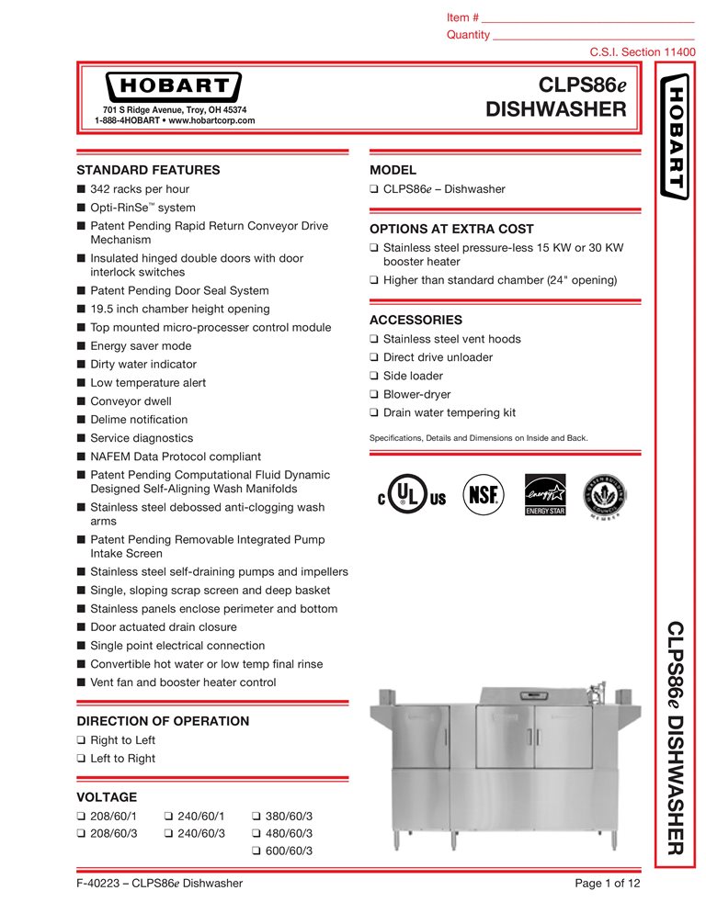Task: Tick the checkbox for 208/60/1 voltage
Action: pyautogui.click(x=82, y=815)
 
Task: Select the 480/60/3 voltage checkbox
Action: pyautogui.click(x=256, y=833)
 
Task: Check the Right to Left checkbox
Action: pyautogui.click(x=82, y=740)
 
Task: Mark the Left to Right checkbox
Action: pyautogui.click(x=82, y=759)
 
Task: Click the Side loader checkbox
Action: pyautogui.click(x=374, y=377)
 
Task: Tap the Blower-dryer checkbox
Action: pyautogui.click(x=374, y=395)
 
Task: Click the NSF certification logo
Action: pyautogui.click(x=483, y=493)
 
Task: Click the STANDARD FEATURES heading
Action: pyautogui.click(x=148, y=170)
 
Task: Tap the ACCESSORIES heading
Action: pyautogui.click(x=416, y=321)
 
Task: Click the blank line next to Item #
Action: pyautogui.click(x=588, y=18)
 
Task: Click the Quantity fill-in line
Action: pyautogui.click(x=593, y=36)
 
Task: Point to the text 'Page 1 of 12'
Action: pyautogui.click(x=607, y=884)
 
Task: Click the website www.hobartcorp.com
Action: pyautogui.click(x=211, y=120)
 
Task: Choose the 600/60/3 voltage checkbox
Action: pyautogui.click(x=256, y=851)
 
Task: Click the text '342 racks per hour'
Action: pyautogui.click(x=140, y=189)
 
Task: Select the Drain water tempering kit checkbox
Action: pyautogui.click(x=374, y=413)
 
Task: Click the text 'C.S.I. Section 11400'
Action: pyautogui.click(x=642, y=51)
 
